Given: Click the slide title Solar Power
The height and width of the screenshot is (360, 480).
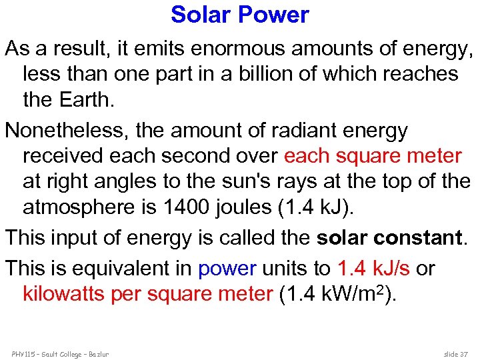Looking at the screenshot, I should [240, 15].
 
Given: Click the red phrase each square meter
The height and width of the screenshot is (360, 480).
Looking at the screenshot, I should [373, 156].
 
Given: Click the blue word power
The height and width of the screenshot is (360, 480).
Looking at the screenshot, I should [227, 268].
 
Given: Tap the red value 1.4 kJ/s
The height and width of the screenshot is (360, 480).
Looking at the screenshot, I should [374, 268].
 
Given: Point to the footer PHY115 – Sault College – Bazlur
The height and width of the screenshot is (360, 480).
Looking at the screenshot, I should [59, 353].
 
